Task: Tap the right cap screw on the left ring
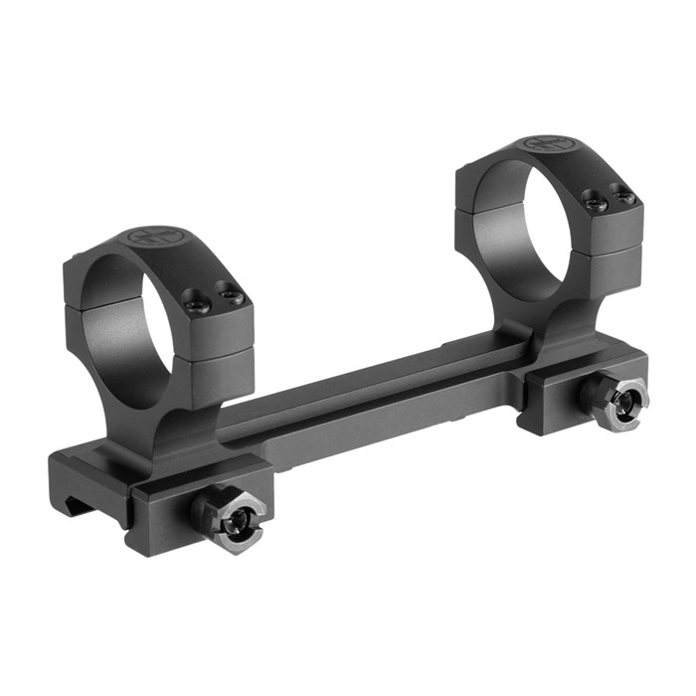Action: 232,294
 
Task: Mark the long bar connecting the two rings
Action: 378,398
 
